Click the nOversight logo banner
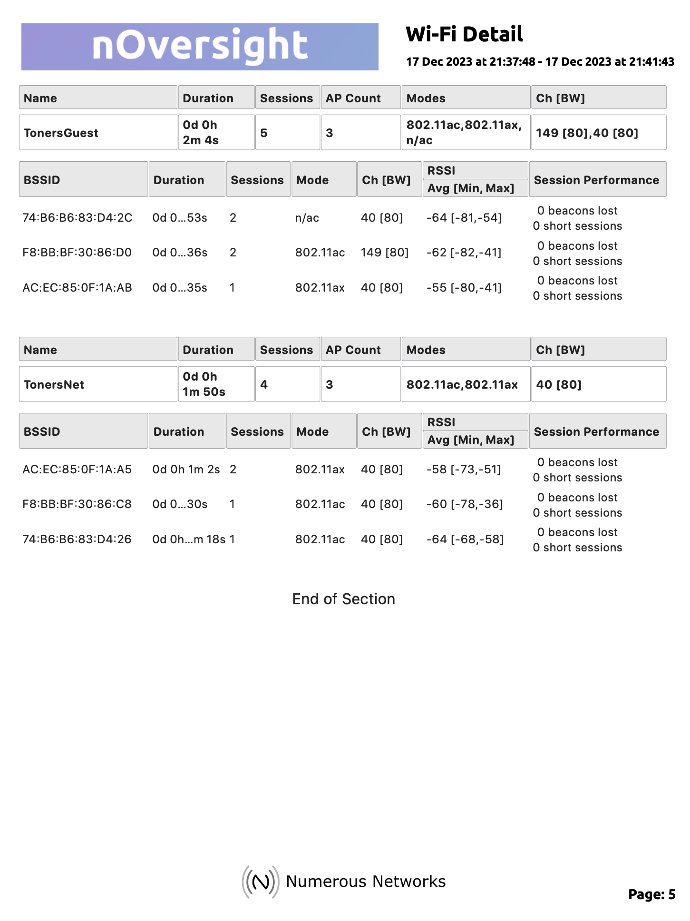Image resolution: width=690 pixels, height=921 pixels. (x=200, y=47)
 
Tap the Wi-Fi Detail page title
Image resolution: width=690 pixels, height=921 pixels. (x=464, y=34)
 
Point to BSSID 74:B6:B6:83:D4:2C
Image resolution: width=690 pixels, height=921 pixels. (x=78, y=218)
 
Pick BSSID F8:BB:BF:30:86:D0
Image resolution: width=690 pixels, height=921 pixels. (x=77, y=253)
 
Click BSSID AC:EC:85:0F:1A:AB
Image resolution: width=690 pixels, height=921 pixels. (x=77, y=288)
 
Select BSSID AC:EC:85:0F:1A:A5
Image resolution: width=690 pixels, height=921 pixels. (x=77, y=470)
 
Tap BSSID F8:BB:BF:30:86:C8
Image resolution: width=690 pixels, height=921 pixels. (x=77, y=504)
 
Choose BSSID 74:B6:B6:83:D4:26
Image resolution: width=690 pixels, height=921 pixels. (x=77, y=539)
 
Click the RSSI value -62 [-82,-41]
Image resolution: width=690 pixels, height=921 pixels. (x=464, y=253)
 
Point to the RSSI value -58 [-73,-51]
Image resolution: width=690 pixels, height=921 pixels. (x=464, y=470)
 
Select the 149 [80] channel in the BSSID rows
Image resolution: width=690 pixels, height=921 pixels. (x=385, y=253)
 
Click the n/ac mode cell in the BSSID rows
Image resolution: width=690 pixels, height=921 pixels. (x=307, y=218)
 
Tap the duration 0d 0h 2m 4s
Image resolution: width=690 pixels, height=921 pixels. (x=201, y=132)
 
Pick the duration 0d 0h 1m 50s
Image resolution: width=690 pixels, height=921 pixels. (x=204, y=384)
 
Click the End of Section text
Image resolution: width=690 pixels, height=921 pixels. (x=343, y=599)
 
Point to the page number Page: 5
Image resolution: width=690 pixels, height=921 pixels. (x=651, y=894)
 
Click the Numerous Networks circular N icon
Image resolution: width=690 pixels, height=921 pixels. (x=260, y=882)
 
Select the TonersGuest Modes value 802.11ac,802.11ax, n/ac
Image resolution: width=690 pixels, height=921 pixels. (x=464, y=132)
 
